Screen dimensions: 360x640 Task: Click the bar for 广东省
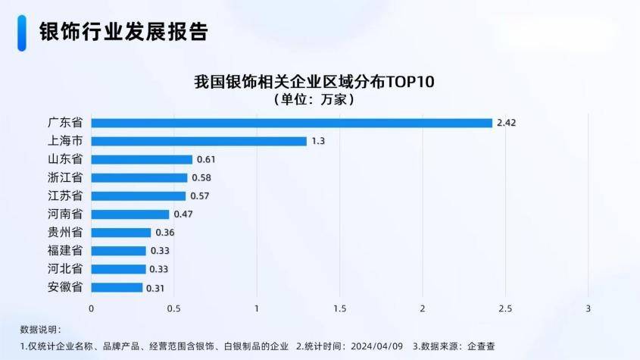[x=292, y=123]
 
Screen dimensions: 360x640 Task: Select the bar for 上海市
[x=199, y=141]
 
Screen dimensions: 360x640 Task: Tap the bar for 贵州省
[x=121, y=233]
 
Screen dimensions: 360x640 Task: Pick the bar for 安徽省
[x=117, y=287]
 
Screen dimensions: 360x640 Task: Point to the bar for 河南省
[x=130, y=214]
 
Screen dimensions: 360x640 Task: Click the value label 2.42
[x=506, y=123]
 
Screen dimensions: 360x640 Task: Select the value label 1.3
[x=318, y=141]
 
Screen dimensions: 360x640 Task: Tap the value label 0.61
[x=206, y=160]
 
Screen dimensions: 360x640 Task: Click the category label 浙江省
[x=65, y=178]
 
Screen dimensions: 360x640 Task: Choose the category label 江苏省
[x=65, y=196]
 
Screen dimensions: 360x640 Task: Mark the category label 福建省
[x=65, y=251]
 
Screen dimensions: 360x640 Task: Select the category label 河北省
[x=65, y=269]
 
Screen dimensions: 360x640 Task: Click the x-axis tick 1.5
[x=340, y=309]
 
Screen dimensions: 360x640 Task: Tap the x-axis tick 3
[x=588, y=309]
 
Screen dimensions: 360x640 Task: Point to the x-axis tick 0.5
[x=174, y=309]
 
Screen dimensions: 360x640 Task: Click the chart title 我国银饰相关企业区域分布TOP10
[x=314, y=82]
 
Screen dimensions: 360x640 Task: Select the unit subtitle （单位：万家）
[x=314, y=99]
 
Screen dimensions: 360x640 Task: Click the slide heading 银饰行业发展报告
[x=123, y=32]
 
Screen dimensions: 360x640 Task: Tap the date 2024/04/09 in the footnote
[x=377, y=346]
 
